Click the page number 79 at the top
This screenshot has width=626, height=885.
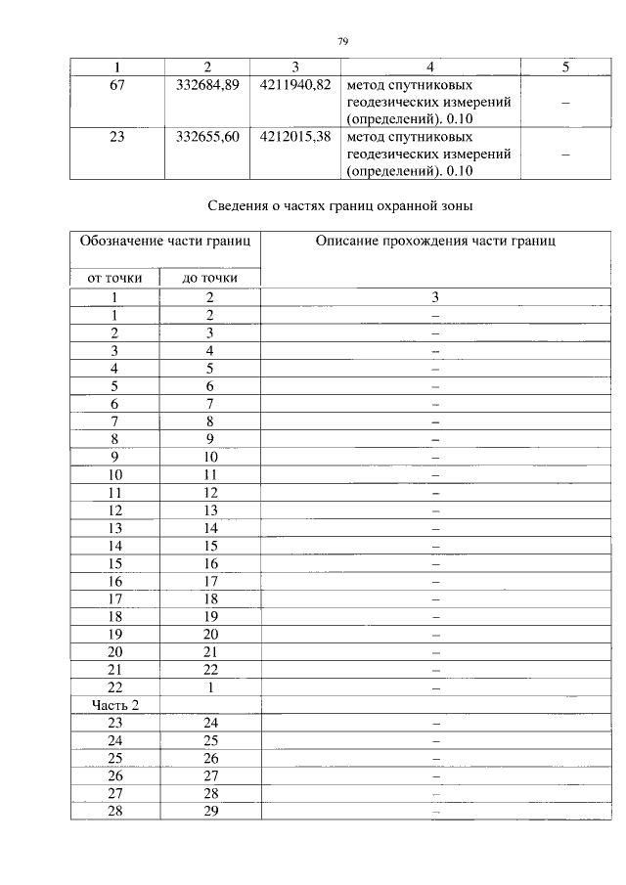[343, 41]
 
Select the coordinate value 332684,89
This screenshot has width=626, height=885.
[207, 84]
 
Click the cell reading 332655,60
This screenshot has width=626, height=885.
[207, 137]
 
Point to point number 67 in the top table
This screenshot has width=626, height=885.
[116, 84]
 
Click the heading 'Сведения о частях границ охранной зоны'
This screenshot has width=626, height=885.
[342, 206]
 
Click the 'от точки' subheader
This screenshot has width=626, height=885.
[115, 278]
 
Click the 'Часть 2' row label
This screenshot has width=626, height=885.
[115, 705]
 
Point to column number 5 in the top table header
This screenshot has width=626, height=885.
[566, 66]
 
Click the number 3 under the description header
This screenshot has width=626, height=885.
[436, 296]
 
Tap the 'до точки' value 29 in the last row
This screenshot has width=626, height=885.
[209, 811]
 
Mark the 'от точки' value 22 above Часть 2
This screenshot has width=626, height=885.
[115, 687]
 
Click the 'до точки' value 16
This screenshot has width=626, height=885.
[209, 563]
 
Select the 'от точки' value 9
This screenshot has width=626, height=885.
[115, 456]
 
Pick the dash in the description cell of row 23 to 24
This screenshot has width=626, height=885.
[436, 723]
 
